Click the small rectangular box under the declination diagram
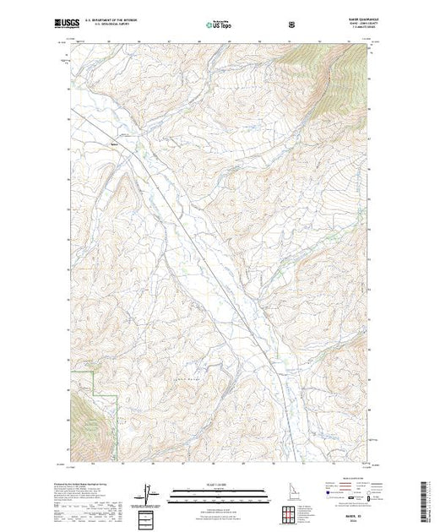149,518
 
